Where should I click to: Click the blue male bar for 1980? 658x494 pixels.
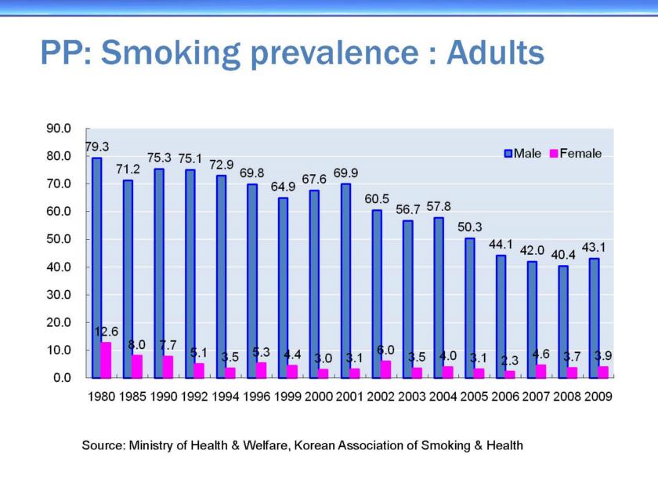[96, 267]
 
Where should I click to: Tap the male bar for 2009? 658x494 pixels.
[594, 317]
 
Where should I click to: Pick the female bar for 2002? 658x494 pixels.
[387, 369]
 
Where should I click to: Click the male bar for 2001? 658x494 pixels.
[345, 280]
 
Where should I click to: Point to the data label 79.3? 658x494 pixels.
[97, 147]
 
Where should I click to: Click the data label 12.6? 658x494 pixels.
[107, 332]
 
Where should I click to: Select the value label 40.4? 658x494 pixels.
[562, 255]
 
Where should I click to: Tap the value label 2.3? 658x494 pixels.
[510, 360]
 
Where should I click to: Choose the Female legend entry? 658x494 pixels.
[575, 154]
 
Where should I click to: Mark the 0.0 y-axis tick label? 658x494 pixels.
[63, 377]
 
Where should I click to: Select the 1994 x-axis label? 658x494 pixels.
[226, 397]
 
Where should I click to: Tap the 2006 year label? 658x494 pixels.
[505, 397]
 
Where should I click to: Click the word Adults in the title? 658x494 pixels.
[494, 53]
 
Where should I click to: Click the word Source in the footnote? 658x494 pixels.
[102, 445]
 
